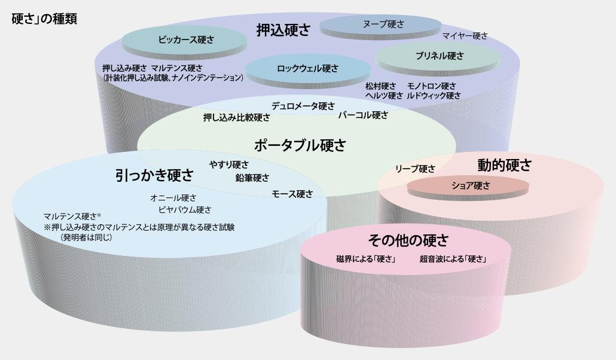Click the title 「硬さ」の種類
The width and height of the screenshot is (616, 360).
coord(44,19)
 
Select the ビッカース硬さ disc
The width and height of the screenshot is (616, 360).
coord(184,42)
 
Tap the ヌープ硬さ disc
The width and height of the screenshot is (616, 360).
coord(381,27)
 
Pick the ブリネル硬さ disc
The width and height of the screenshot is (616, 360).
coord(438,59)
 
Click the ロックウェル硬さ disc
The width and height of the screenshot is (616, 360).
coord(308,71)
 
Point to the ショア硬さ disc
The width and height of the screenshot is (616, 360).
coord(468,188)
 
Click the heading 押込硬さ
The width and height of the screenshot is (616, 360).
coord(283,30)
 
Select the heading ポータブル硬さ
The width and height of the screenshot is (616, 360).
coord(300,145)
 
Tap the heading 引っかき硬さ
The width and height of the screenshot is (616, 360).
coord(154,175)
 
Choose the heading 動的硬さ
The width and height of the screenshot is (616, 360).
coord(505,165)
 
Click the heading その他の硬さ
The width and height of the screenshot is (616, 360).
coord(408,240)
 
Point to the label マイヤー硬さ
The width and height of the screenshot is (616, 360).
coord(465,36)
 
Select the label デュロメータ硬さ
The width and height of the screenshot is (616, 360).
coord(303,106)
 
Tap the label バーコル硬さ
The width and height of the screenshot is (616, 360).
coord(363,115)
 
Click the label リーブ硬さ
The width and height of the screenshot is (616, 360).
coord(415,169)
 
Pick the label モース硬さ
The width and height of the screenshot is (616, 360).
coord(292,194)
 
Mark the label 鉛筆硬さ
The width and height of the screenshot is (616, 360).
coord(252,178)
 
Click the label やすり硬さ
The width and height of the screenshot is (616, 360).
coord(229,164)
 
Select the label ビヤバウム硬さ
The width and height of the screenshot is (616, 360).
coord(185,210)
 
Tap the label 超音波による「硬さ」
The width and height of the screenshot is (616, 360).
coord(453,259)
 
